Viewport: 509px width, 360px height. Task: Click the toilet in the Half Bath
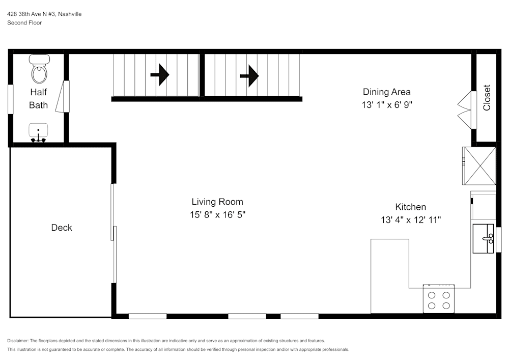tap(39, 70)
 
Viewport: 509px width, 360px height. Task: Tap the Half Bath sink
tap(38, 132)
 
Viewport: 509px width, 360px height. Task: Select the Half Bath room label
tap(39, 99)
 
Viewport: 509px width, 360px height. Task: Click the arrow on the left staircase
tap(159, 75)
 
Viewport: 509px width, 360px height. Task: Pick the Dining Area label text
tap(386, 92)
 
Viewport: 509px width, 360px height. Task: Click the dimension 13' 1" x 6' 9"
tap(386, 105)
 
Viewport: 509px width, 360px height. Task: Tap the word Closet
tap(487, 97)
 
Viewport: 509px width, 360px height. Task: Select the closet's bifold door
tap(466, 109)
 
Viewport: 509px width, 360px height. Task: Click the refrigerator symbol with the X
tap(479, 165)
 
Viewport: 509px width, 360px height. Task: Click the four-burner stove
tap(439, 299)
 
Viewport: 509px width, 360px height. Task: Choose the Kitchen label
tap(410, 207)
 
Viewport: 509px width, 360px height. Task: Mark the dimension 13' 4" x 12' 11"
tap(410, 220)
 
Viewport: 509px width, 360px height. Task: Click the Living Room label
tap(217, 202)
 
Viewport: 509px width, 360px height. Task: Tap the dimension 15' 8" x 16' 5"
tap(217, 215)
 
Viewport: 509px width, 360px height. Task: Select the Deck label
tap(62, 228)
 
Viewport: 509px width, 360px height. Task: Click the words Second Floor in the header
tap(24, 23)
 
